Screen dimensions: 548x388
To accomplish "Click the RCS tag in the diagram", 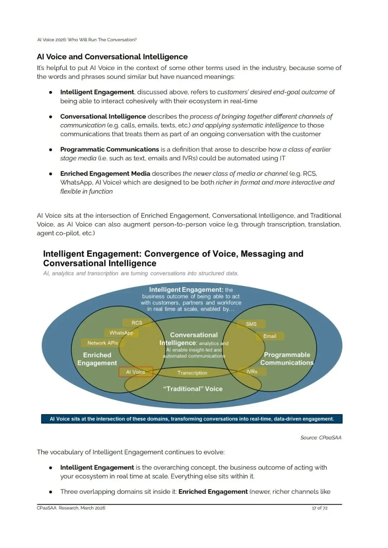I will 137,323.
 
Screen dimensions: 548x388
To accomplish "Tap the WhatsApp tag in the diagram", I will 121,333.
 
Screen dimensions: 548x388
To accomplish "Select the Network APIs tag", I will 103,343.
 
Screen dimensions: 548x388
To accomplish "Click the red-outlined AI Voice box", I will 136,372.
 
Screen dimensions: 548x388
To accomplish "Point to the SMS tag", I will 251,324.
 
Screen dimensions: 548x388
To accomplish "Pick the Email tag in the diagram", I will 270,336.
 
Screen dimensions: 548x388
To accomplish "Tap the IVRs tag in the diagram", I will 252,372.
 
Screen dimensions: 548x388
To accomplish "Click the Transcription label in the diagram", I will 192,373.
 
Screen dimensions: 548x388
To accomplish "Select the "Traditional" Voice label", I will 193,389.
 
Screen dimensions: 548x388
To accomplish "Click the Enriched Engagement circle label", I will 97,359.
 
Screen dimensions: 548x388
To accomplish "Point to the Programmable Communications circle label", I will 287,359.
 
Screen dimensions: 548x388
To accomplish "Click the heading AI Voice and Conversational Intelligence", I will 112,57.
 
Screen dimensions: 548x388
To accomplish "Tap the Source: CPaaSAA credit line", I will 321,437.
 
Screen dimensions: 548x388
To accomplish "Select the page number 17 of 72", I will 320,508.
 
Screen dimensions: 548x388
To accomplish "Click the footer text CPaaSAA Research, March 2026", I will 71,508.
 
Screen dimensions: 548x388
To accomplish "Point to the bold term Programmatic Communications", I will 110,149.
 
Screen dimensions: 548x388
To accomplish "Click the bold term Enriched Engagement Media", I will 105,173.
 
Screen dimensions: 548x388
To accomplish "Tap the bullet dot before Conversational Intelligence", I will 51,117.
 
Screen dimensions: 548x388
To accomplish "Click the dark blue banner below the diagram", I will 192,419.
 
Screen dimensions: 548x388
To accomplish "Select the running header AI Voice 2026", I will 87,40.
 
